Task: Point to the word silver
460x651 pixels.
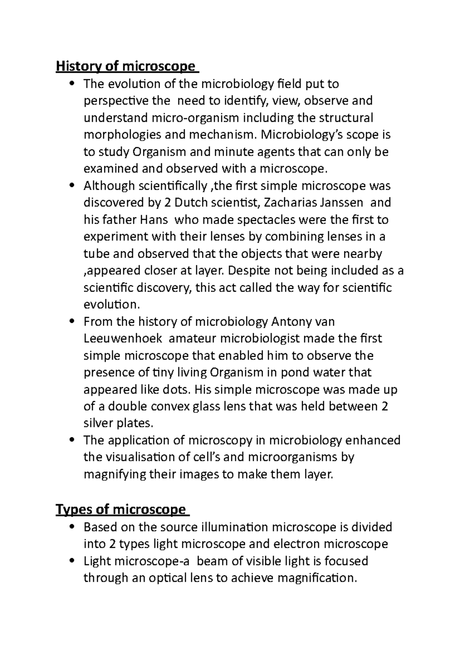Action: tap(99, 423)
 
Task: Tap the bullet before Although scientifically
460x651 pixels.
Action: tap(72, 186)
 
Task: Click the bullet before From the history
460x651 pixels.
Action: tap(72, 322)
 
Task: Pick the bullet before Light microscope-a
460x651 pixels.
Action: tap(72, 561)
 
